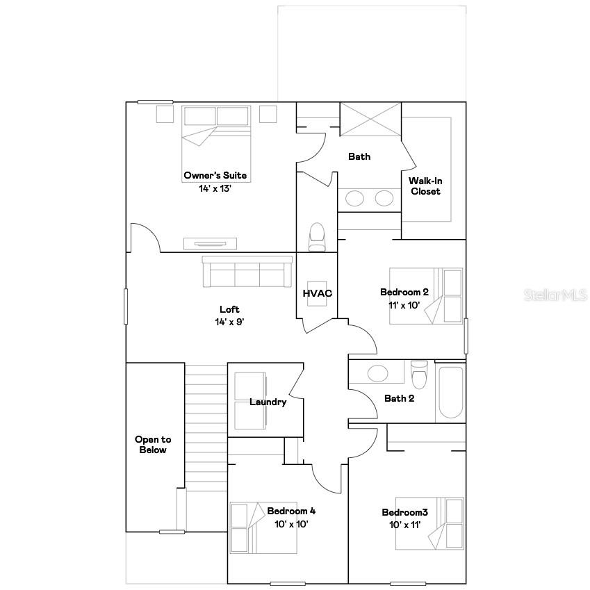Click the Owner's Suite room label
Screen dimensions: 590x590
click(215, 176)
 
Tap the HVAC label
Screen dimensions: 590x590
click(317, 293)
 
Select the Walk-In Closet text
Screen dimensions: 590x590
click(425, 186)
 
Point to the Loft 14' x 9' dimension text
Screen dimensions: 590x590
click(229, 322)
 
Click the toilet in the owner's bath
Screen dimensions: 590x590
click(317, 236)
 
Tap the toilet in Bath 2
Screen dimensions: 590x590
click(419, 375)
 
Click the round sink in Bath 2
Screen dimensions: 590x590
click(378, 373)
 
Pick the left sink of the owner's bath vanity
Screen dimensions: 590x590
click(354, 199)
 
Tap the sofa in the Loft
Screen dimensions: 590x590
click(247, 272)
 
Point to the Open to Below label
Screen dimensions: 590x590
click(153, 445)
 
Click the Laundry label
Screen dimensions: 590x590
click(268, 402)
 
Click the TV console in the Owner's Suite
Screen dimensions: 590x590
click(210, 243)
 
